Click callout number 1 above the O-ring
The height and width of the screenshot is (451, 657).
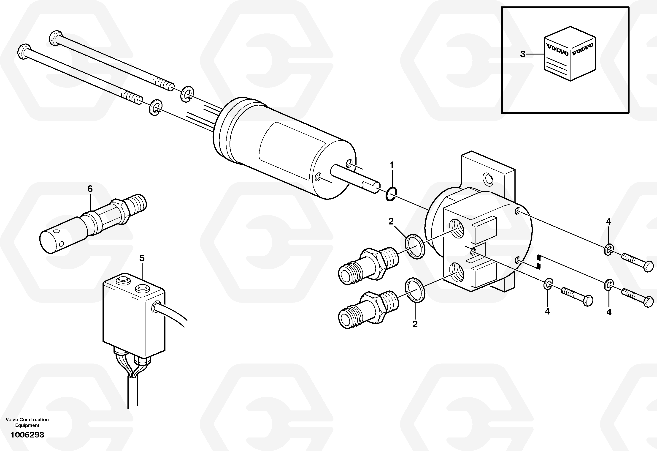392,165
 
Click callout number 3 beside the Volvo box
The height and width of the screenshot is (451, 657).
523,54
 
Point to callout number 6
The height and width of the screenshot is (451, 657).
90,189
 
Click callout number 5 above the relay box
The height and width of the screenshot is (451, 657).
142,258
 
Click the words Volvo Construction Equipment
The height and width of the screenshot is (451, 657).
27,422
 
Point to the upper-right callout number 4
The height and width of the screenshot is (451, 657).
609,221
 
